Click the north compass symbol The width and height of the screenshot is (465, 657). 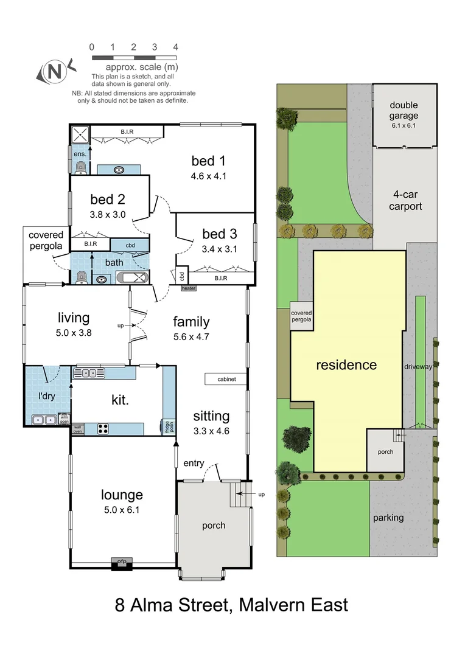pyautogui.click(x=55, y=71)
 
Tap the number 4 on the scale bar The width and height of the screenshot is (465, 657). pyautogui.click(x=175, y=47)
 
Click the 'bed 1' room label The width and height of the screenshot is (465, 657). pyautogui.click(x=208, y=161)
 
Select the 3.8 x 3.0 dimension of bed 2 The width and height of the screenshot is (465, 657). pyautogui.click(x=107, y=214)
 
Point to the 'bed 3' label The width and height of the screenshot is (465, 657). pyautogui.click(x=219, y=234)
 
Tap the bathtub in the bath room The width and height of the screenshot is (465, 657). pyautogui.click(x=132, y=279)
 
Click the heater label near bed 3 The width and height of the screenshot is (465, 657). pyautogui.click(x=189, y=288)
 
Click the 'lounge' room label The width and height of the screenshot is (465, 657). pyautogui.click(x=122, y=495)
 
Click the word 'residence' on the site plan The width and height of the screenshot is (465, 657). pyautogui.click(x=346, y=365)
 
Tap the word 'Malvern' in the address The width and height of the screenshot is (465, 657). pyautogui.click(x=271, y=605)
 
